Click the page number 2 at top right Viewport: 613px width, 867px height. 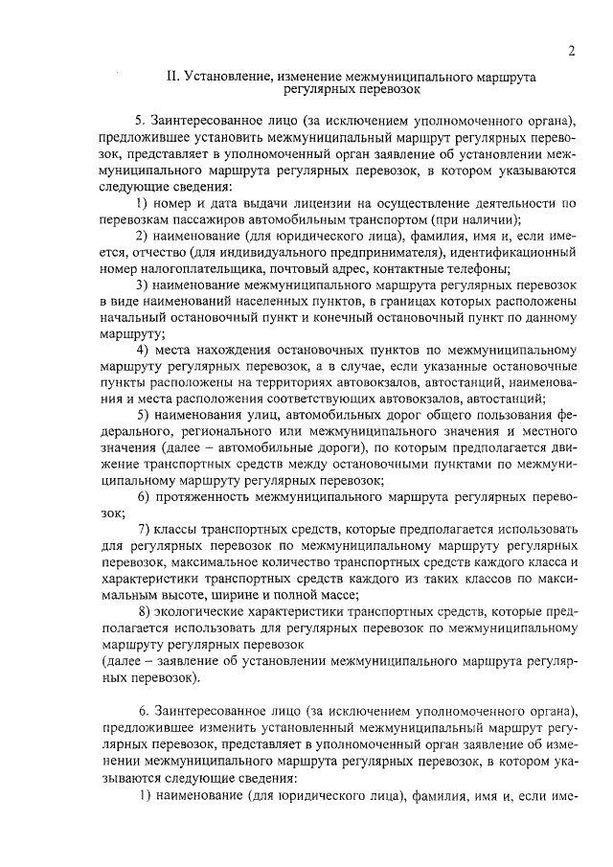click(x=571, y=52)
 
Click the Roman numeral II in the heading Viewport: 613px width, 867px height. click(x=173, y=75)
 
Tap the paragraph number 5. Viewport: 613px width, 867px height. click(x=140, y=121)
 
